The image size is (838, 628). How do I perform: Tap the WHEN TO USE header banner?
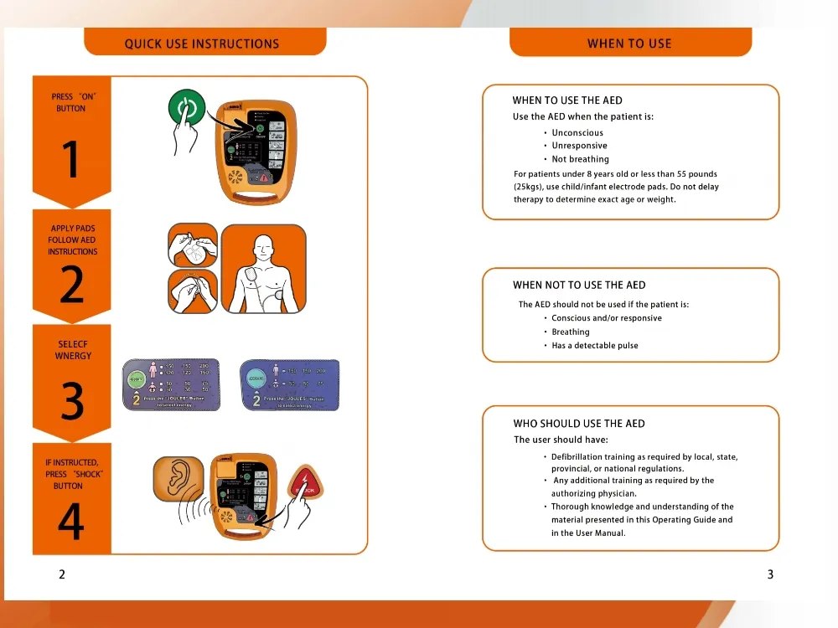click(629, 44)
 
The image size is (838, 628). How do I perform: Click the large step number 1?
click(71, 160)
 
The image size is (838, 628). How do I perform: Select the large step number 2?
click(71, 286)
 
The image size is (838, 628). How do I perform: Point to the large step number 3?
click(72, 402)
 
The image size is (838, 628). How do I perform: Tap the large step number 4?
click(71, 522)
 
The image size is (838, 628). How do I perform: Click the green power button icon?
click(188, 110)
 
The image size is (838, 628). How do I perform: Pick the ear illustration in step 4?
click(178, 478)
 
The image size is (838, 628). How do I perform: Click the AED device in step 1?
click(252, 152)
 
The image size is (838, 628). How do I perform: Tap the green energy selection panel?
click(172, 384)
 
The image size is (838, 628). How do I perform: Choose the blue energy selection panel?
click(289, 384)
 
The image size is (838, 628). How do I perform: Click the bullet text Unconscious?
click(577, 133)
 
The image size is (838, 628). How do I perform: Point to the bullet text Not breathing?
click(580, 159)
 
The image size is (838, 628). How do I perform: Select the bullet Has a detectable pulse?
click(594, 346)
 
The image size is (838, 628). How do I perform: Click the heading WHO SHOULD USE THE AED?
click(579, 424)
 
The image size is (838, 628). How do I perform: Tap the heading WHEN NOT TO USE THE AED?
click(579, 286)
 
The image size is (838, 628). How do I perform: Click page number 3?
click(770, 574)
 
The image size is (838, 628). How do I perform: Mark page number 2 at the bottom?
click(62, 574)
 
